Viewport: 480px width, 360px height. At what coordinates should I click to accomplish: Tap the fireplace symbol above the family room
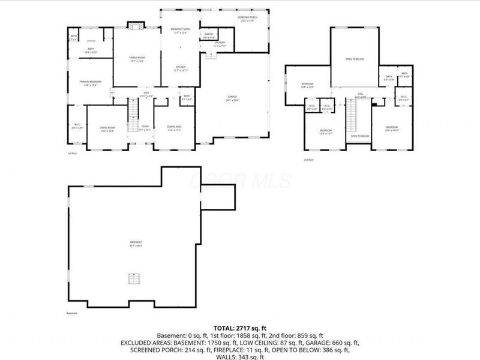[136, 26]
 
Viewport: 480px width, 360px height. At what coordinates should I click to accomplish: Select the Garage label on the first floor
[232, 98]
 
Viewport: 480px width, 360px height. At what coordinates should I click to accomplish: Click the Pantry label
[209, 35]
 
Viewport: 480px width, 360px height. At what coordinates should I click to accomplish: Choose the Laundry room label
[219, 44]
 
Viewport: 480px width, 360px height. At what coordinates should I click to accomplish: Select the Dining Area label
[175, 128]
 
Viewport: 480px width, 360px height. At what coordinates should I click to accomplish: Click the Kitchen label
[181, 68]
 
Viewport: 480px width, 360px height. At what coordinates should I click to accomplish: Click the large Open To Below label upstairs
[355, 59]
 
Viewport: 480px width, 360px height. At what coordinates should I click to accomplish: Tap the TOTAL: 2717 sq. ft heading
[240, 329]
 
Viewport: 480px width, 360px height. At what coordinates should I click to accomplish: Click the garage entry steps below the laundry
[211, 56]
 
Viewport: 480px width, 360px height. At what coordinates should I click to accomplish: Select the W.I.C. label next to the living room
[76, 127]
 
